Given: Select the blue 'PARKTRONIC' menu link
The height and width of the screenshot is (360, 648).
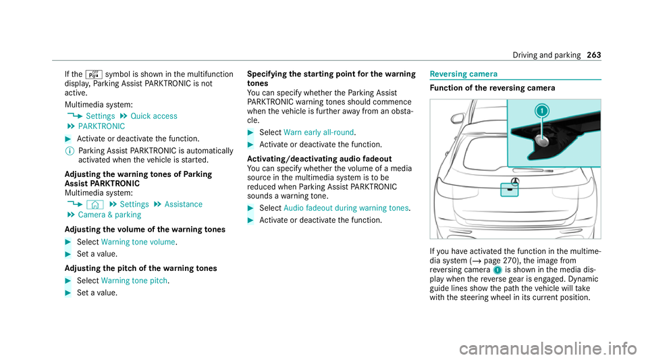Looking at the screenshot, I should pos(101,126).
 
